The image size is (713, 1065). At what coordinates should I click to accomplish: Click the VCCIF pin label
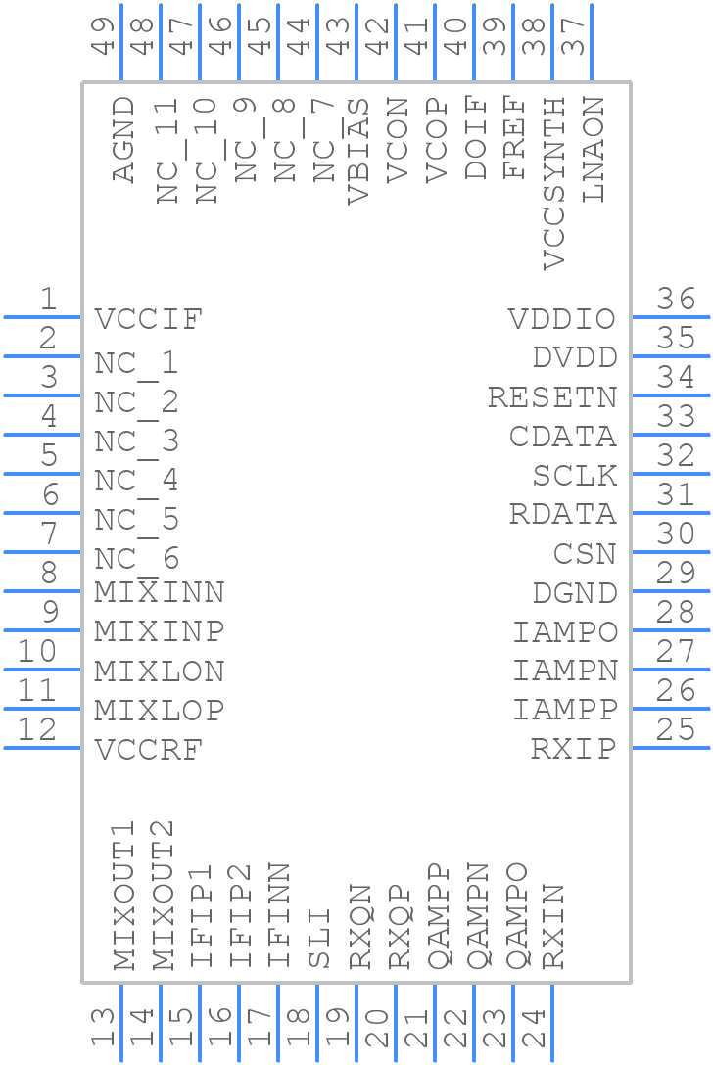point(149,319)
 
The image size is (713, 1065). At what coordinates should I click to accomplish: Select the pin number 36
point(676,300)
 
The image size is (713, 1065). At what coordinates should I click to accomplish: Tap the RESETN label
point(552,397)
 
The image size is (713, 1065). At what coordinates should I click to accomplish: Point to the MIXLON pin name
point(160,671)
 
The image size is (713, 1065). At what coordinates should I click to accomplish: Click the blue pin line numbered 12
point(42,748)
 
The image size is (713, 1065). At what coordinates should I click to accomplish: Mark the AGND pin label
point(123,139)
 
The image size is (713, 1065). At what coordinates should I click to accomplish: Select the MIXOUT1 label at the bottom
point(123,904)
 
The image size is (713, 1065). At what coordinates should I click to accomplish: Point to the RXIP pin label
point(574,750)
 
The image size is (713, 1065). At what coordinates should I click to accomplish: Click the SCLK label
point(575,476)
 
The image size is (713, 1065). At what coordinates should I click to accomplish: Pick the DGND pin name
point(575,593)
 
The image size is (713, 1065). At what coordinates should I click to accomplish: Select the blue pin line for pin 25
point(671,748)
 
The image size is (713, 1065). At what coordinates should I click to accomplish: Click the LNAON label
point(594,149)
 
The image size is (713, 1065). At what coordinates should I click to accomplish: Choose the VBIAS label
point(358,150)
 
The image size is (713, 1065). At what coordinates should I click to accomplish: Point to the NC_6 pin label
point(137,559)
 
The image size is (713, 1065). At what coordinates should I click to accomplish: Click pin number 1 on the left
point(47,300)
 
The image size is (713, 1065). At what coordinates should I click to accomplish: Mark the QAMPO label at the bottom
point(515,917)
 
